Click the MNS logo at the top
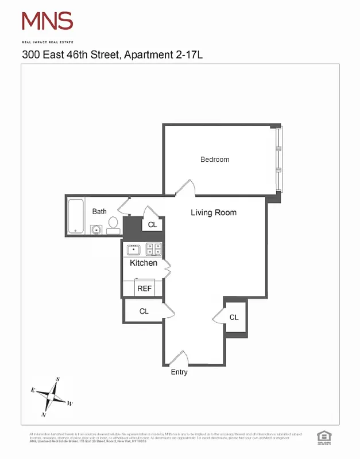pyautogui.click(x=47, y=22)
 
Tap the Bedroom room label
pyautogui.click(x=215, y=160)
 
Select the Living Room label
pyautogui.click(x=214, y=213)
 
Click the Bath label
pyautogui.click(x=99, y=212)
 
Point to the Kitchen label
pyautogui.click(x=144, y=263)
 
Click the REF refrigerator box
pyautogui.click(x=144, y=289)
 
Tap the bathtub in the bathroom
pyautogui.click(x=75, y=216)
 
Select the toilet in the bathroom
pyautogui.click(x=113, y=225)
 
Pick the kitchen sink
pyautogui.click(x=134, y=250)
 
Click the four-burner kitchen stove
pyautogui.click(x=154, y=249)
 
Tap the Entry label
pyautogui.click(x=179, y=372)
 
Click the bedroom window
pyautogui.click(x=279, y=158)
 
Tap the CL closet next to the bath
pyautogui.click(x=152, y=225)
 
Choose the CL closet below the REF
pyautogui.click(x=144, y=311)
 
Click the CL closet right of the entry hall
pyautogui.click(x=234, y=317)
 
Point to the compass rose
pyautogui.click(x=52, y=396)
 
